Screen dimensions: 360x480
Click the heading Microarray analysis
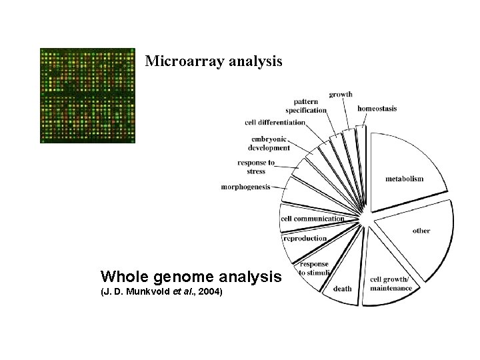(213, 61)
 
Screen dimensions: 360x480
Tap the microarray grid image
(87, 95)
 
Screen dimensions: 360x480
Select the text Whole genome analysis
(191, 276)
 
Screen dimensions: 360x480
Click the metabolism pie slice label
(404, 179)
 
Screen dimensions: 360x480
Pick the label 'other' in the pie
(421, 231)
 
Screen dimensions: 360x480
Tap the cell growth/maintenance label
(391, 283)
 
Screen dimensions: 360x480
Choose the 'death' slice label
(342, 289)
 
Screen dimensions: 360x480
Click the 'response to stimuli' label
(313, 268)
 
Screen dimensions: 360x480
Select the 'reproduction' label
(305, 238)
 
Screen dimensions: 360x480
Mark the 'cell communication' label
(312, 219)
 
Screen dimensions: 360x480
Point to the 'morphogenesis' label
(245, 187)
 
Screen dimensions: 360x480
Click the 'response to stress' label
(256, 167)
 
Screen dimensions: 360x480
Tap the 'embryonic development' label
(269, 143)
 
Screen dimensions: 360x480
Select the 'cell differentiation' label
(275, 122)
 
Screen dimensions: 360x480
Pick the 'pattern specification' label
(306, 105)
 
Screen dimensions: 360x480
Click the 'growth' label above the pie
(341, 95)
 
